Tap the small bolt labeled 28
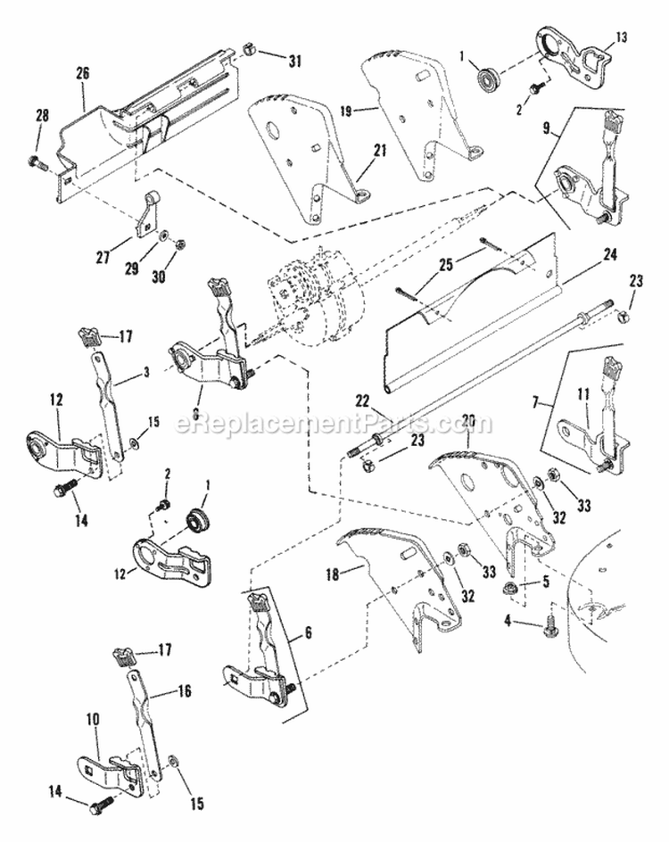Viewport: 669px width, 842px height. (37, 162)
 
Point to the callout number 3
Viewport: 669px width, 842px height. (146, 370)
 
